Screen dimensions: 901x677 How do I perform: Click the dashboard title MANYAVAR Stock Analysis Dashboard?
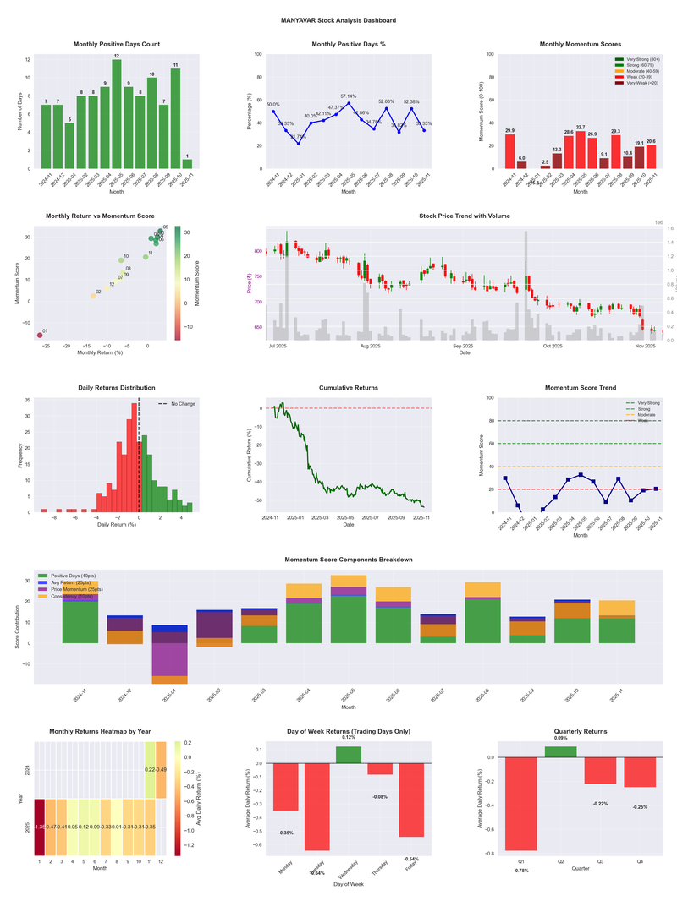(x=338, y=19)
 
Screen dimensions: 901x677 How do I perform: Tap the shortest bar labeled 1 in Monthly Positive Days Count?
(x=187, y=164)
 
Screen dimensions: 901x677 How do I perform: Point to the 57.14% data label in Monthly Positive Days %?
(x=349, y=96)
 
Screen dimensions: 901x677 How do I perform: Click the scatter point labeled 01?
(x=39, y=336)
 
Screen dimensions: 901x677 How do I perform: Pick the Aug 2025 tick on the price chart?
(x=370, y=347)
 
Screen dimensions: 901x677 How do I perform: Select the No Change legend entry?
(x=178, y=404)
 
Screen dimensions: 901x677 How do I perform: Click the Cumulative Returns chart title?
(x=349, y=388)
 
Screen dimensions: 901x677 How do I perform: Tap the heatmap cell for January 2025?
(x=39, y=827)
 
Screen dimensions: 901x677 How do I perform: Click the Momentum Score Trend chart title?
(x=580, y=388)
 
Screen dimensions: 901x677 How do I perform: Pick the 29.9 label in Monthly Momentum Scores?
(x=509, y=130)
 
